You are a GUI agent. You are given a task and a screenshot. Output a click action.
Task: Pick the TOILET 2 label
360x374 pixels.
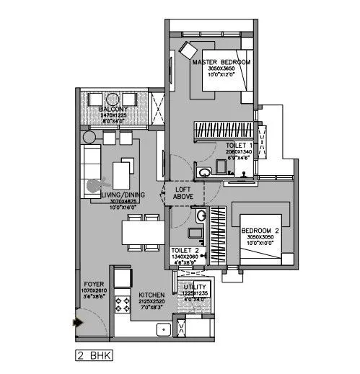pos(185,250)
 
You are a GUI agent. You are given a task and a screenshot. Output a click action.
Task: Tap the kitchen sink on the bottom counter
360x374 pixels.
pos(163,330)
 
